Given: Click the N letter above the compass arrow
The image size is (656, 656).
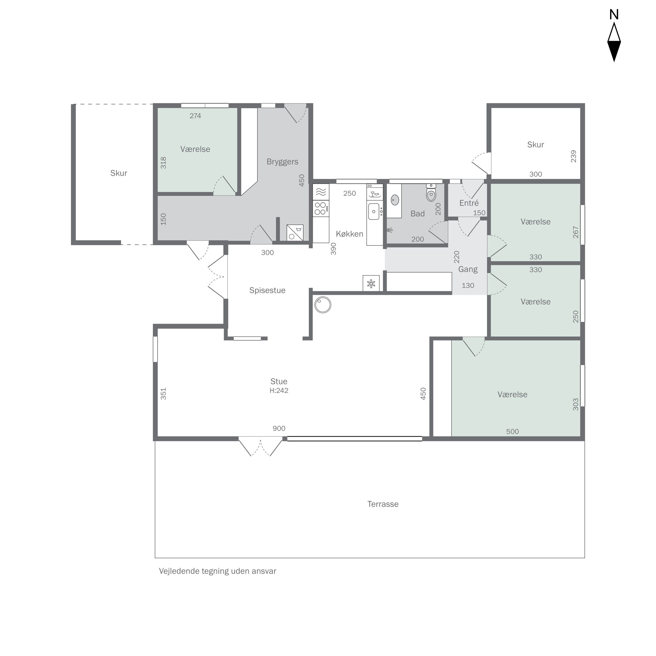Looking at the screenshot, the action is pyautogui.click(x=614, y=15).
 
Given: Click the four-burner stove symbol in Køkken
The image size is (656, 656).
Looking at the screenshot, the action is pyautogui.click(x=320, y=208).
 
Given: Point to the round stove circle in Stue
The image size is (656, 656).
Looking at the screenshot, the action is pyautogui.click(x=322, y=305).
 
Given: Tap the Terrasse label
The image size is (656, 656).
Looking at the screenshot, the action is pyautogui.click(x=383, y=504).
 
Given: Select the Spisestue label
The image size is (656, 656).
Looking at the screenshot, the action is pyautogui.click(x=267, y=290).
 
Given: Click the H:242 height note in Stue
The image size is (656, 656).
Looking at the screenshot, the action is pyautogui.click(x=279, y=391).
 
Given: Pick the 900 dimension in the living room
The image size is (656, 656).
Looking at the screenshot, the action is pyautogui.click(x=279, y=428).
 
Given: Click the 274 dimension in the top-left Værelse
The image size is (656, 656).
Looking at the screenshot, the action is pyautogui.click(x=195, y=116).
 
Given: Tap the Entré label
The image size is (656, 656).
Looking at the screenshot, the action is pyautogui.click(x=469, y=203).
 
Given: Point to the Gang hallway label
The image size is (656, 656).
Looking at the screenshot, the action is pyautogui.click(x=468, y=269).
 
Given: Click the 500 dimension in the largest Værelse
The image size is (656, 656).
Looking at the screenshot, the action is pyautogui.click(x=512, y=431).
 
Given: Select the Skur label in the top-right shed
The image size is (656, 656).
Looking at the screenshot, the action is pyautogui.click(x=535, y=145).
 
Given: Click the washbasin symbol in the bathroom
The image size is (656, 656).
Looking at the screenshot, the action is pyautogui.click(x=395, y=200).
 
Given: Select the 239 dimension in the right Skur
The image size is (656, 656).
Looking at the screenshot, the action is pyautogui.click(x=573, y=156).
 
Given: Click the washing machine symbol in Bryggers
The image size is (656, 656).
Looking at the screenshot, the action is pyautogui.click(x=295, y=233).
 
